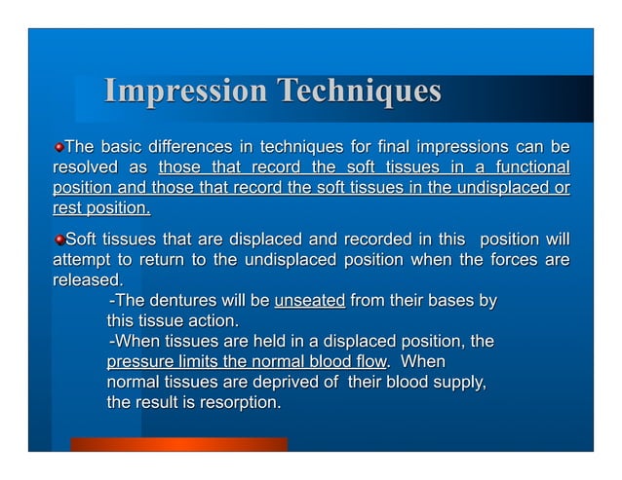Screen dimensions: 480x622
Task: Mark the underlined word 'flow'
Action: tap(363, 361)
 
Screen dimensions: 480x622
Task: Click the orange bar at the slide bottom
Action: tap(178, 444)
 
